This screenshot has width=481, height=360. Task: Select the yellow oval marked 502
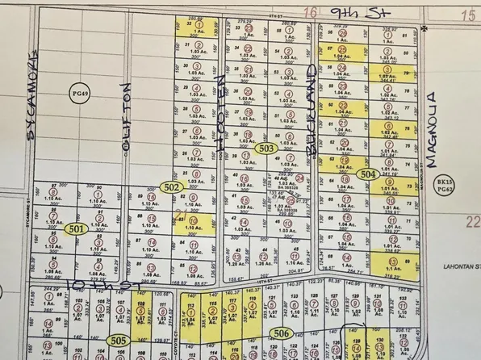[170, 187]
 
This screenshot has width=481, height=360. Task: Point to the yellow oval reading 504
[368, 174]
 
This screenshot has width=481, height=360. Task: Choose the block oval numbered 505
[117, 340]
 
